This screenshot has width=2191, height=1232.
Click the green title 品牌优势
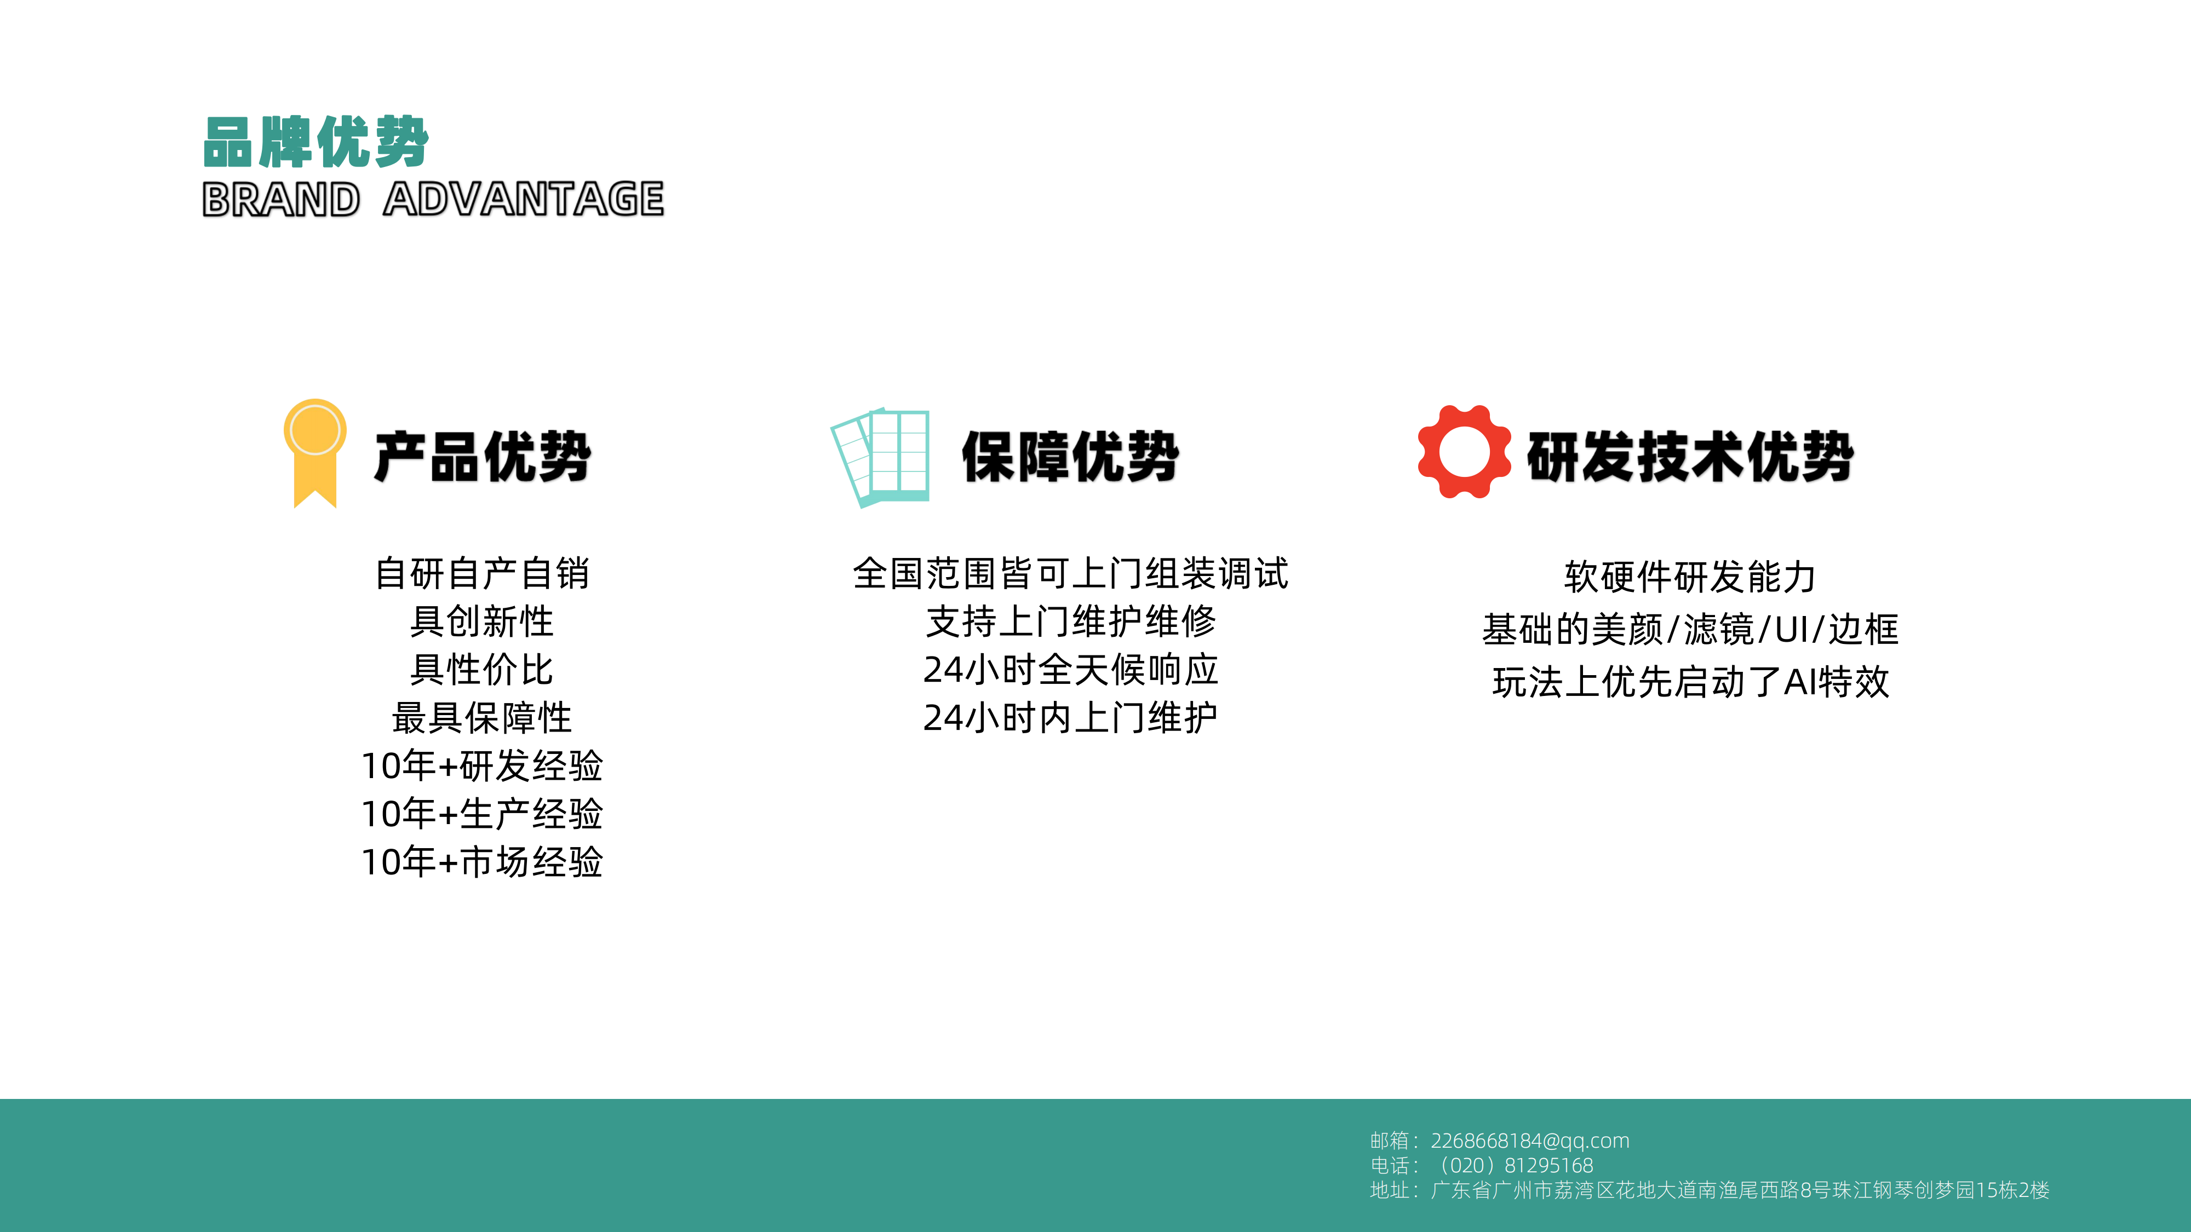(316, 142)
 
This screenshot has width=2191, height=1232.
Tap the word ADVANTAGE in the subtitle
(523, 200)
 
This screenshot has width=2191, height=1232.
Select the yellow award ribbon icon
(315, 453)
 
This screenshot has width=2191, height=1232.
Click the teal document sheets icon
(880, 457)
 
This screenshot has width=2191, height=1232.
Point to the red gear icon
(1464, 452)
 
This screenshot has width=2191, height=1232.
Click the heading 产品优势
(482, 457)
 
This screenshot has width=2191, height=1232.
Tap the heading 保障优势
(1070, 457)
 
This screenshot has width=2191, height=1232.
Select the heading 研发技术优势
(1690, 457)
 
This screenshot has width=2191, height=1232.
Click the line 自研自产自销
(482, 574)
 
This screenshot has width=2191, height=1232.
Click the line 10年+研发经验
(482, 766)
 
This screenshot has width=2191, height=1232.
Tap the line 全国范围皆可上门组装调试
(1070, 574)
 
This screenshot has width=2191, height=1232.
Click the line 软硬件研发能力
(1690, 577)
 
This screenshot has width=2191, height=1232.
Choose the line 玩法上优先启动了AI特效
(1690, 682)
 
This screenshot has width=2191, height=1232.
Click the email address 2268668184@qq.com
(1530, 1141)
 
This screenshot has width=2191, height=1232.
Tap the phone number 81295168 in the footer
(1549, 1166)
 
